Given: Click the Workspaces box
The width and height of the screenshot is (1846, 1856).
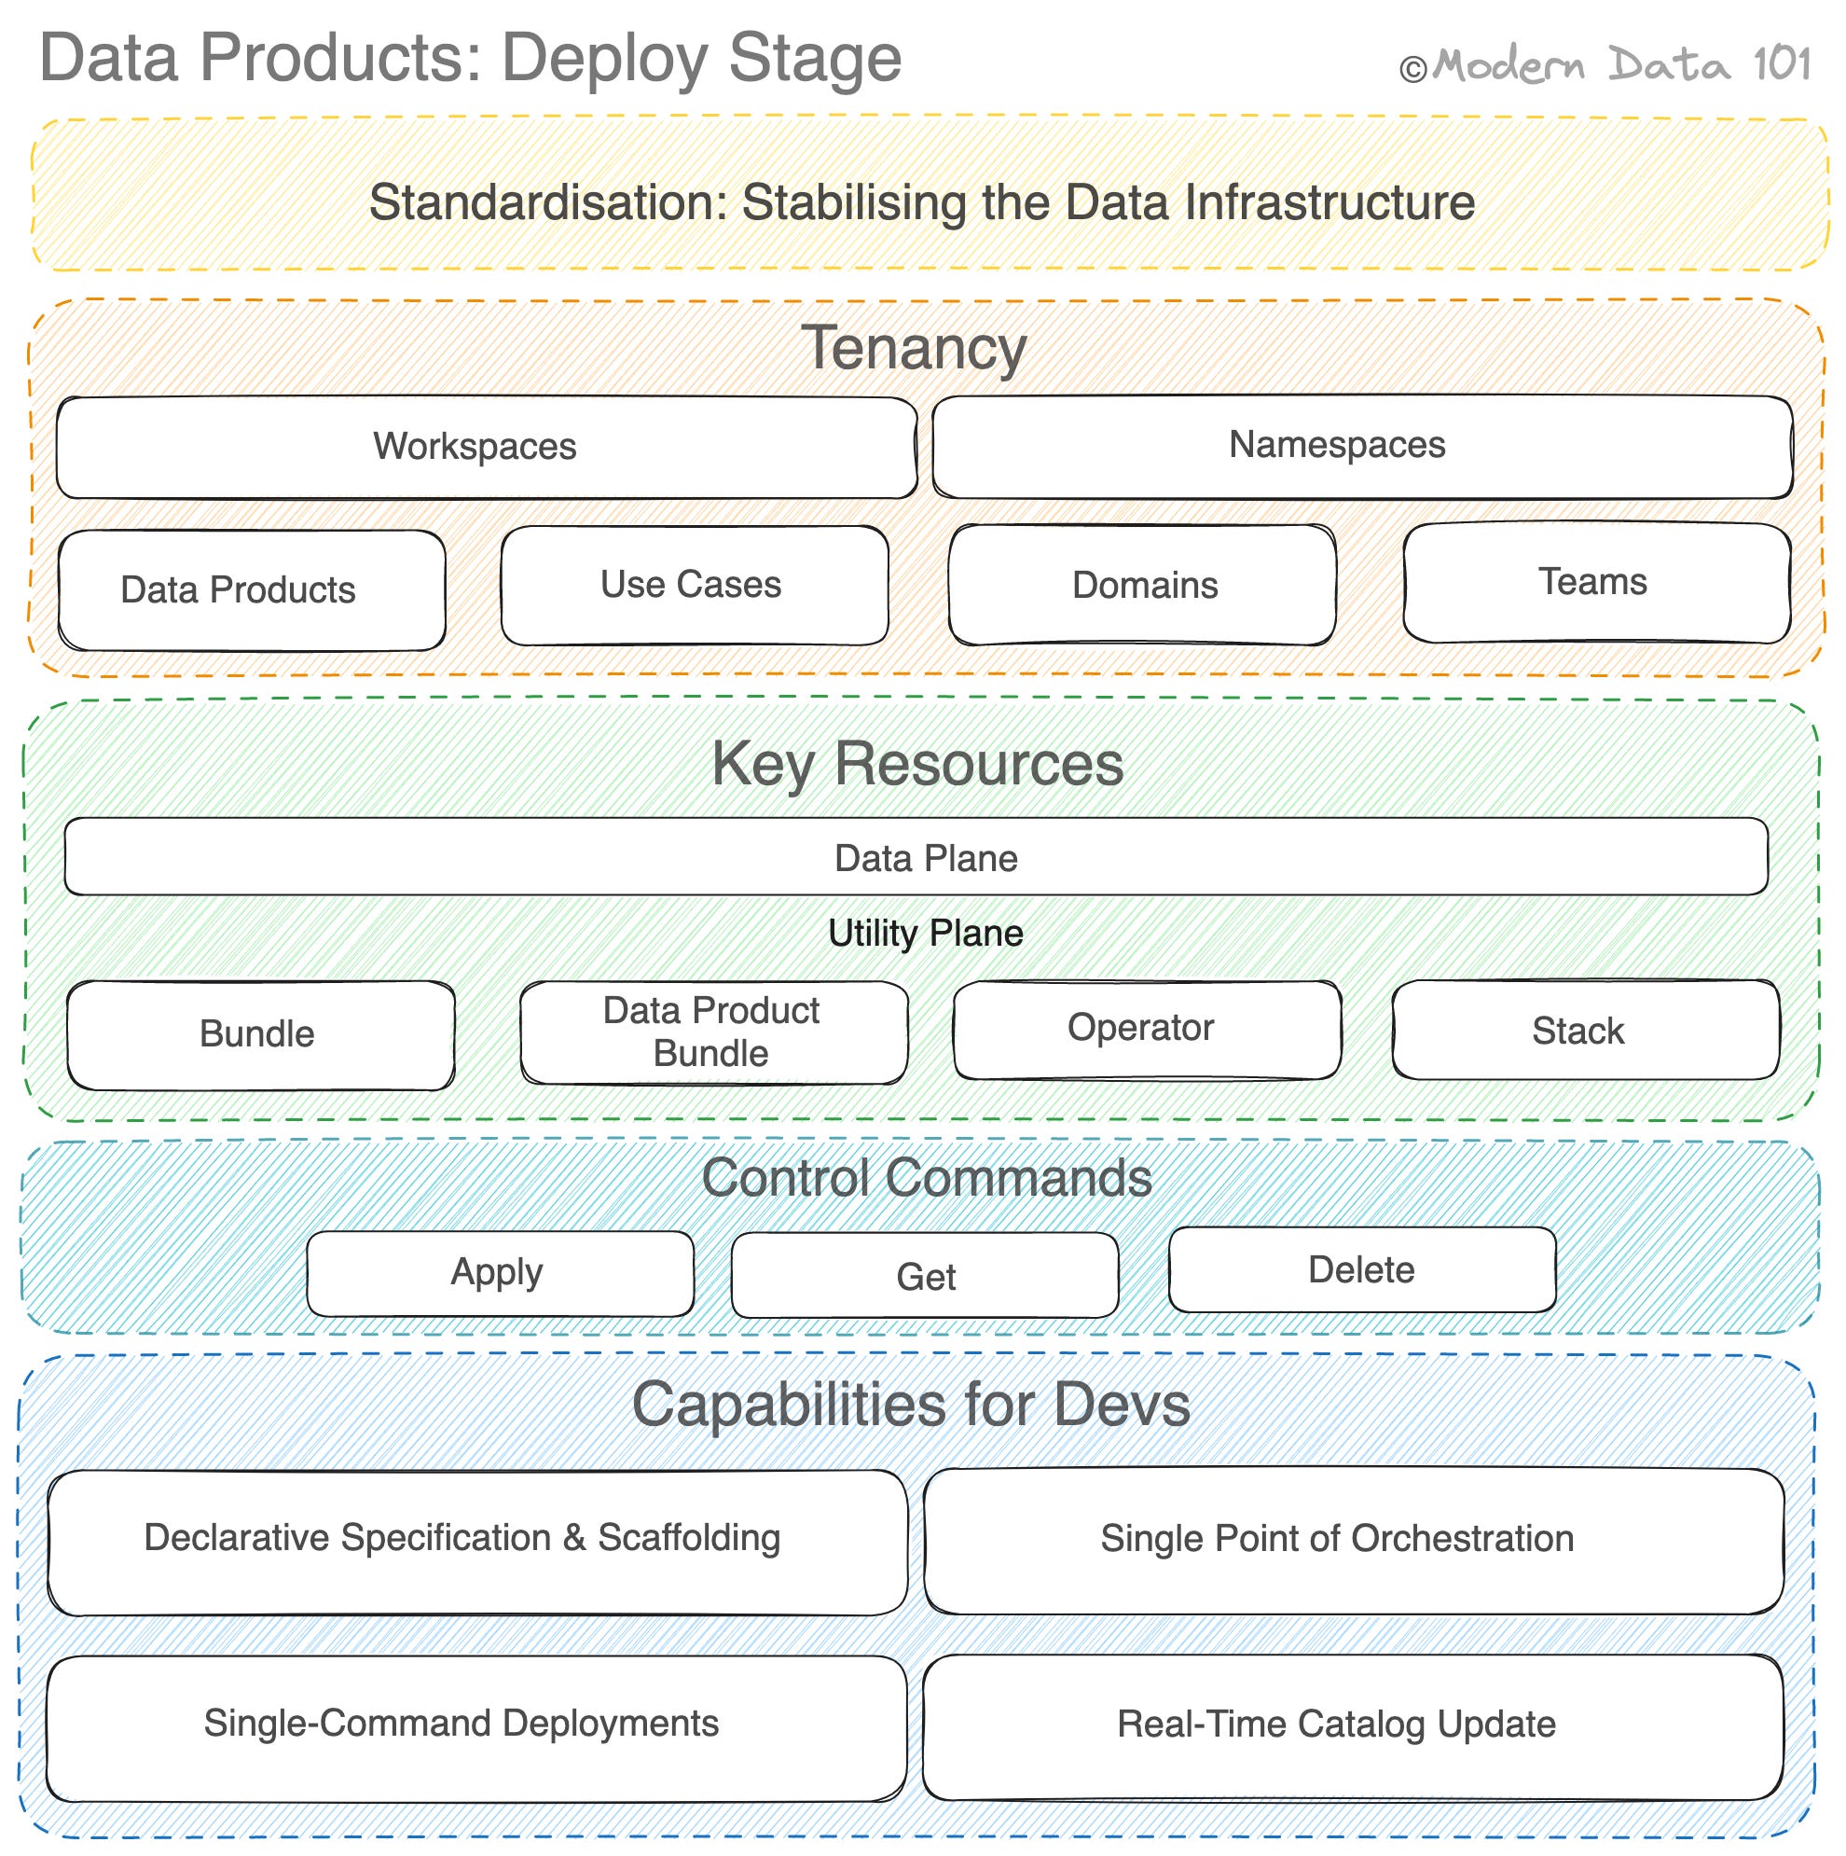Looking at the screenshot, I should point(486,448).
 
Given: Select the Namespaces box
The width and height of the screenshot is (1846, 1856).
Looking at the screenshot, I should point(1362,447).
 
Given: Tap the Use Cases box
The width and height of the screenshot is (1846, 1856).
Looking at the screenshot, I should point(694,585).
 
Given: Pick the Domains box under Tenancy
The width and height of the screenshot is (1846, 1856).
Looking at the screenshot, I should point(1142,585).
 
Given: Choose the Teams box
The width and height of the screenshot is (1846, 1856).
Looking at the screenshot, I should point(1595,583).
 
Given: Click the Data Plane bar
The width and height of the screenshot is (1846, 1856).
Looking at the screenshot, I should point(916,857).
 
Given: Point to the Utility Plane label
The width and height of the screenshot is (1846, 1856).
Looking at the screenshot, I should point(925,933).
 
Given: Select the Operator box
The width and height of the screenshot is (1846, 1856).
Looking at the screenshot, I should point(1147,1029).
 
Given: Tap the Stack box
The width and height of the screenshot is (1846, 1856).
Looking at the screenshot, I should point(1585,1030).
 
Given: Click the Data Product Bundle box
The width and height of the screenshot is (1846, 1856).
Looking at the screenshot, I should point(713,1032).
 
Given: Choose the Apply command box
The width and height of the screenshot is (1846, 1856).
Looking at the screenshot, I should point(500,1273).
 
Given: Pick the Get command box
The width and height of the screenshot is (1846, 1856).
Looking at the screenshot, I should point(924,1276).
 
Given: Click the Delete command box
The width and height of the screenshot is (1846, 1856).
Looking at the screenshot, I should point(1361,1269).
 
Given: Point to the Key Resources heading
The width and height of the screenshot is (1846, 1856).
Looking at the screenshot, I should point(916,765).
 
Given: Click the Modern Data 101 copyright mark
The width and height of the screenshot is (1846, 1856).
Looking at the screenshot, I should point(1604,65).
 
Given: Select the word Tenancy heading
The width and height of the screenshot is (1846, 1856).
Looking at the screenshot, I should point(914,348).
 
